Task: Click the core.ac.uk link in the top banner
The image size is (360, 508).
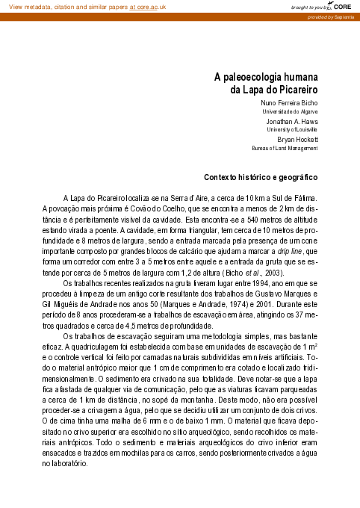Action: [148, 7]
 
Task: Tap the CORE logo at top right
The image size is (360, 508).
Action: [343, 7]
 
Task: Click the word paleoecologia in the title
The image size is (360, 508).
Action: [266, 77]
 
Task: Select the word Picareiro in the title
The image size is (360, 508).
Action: [297, 90]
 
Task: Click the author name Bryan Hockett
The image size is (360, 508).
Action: [297, 139]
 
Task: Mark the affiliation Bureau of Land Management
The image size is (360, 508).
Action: [288, 148]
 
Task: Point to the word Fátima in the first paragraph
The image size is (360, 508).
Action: [305, 196]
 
